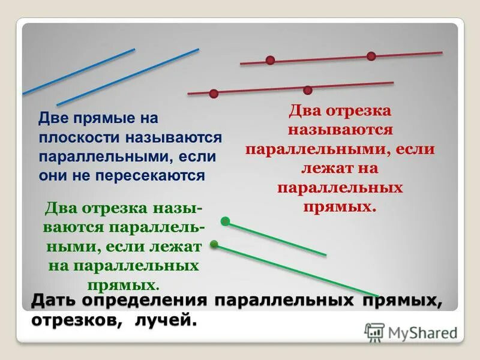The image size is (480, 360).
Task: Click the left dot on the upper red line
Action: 270,60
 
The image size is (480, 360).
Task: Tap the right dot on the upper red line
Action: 371,56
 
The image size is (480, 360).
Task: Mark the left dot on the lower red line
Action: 214,93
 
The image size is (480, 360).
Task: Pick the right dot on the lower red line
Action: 307,90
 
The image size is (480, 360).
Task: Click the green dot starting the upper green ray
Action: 225,221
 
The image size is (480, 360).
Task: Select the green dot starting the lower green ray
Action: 214,244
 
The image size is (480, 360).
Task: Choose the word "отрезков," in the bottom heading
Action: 71,321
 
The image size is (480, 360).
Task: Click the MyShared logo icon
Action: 374,332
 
